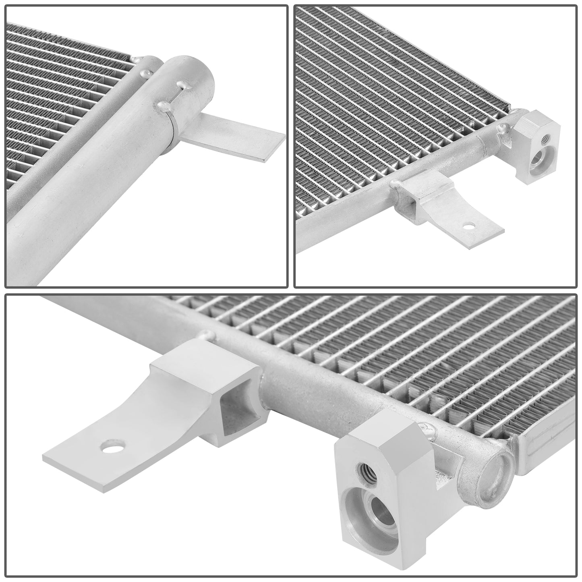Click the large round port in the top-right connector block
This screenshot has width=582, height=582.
tap(536, 161)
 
